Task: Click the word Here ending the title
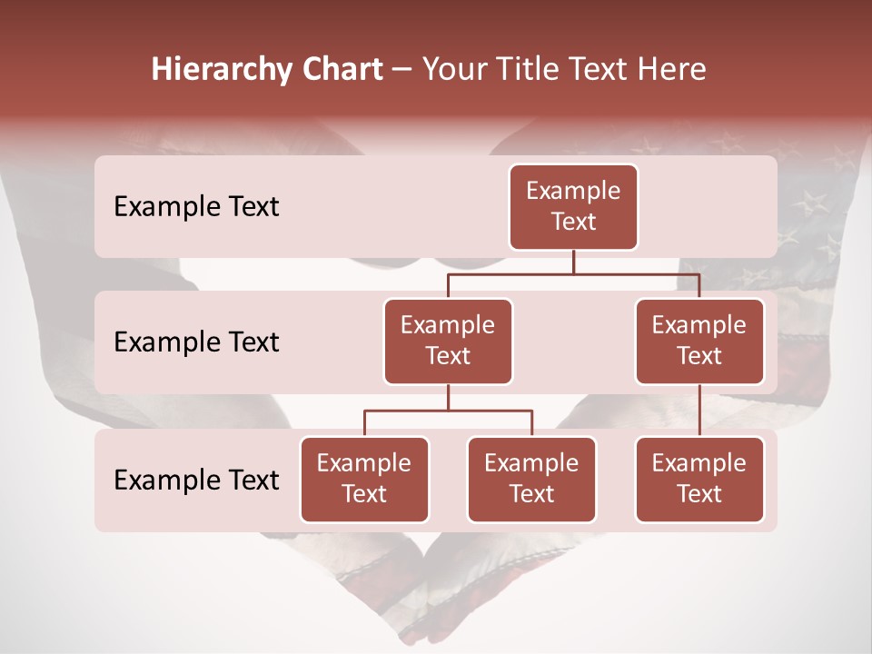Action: (x=672, y=70)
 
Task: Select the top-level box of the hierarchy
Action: (x=573, y=206)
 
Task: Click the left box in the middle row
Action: (x=448, y=341)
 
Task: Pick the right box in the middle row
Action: (x=699, y=341)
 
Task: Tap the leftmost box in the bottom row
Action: (x=364, y=479)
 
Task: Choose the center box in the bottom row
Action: (x=531, y=479)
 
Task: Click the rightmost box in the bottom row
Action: (x=699, y=479)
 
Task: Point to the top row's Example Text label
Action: (x=196, y=206)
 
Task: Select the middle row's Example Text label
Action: (x=196, y=342)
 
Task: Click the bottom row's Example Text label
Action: (x=196, y=480)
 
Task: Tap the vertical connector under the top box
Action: (x=573, y=262)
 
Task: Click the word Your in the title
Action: (x=453, y=70)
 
